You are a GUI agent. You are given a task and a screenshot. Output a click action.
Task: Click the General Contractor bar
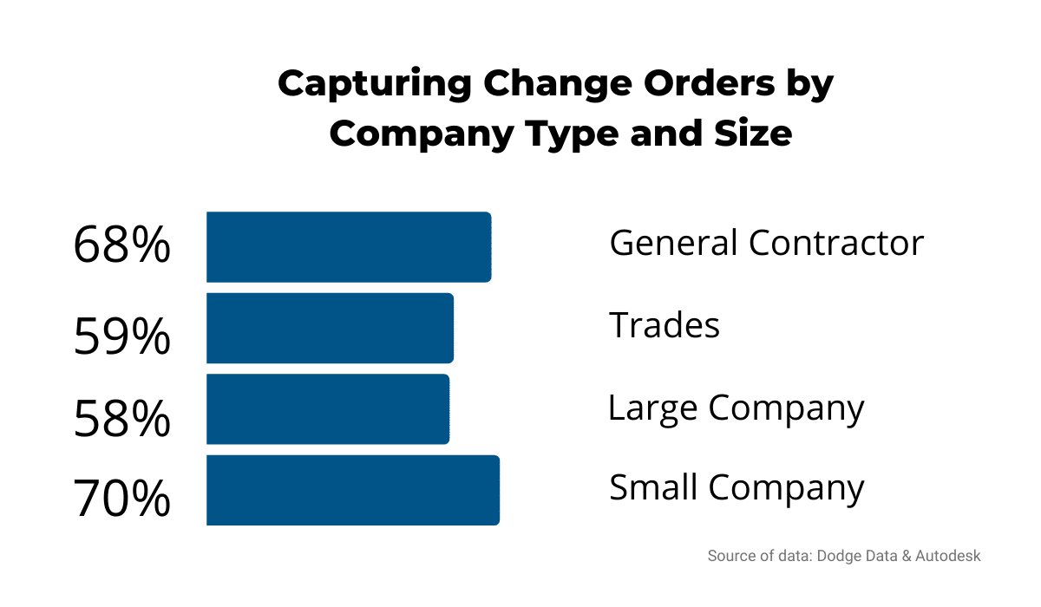pyautogui.click(x=349, y=246)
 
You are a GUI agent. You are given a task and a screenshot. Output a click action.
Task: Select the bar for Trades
pyautogui.click(x=330, y=328)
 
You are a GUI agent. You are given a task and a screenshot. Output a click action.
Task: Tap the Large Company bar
pyautogui.click(x=328, y=409)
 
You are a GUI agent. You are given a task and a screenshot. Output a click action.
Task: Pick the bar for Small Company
pyautogui.click(x=353, y=490)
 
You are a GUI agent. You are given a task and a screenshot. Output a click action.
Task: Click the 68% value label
pyautogui.click(x=121, y=246)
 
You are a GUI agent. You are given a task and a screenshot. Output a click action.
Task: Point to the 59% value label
pyautogui.click(x=121, y=336)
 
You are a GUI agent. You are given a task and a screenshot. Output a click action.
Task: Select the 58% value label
pyautogui.click(x=121, y=420)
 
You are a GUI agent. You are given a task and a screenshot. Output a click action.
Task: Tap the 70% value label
pyautogui.click(x=121, y=499)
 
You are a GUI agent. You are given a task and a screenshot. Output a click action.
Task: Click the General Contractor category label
pyautogui.click(x=766, y=243)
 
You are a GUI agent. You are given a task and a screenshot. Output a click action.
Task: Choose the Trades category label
pyautogui.click(x=665, y=325)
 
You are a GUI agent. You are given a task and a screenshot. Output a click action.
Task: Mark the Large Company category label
pyautogui.click(x=736, y=408)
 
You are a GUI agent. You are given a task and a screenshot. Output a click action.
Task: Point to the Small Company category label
pyautogui.click(x=737, y=488)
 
